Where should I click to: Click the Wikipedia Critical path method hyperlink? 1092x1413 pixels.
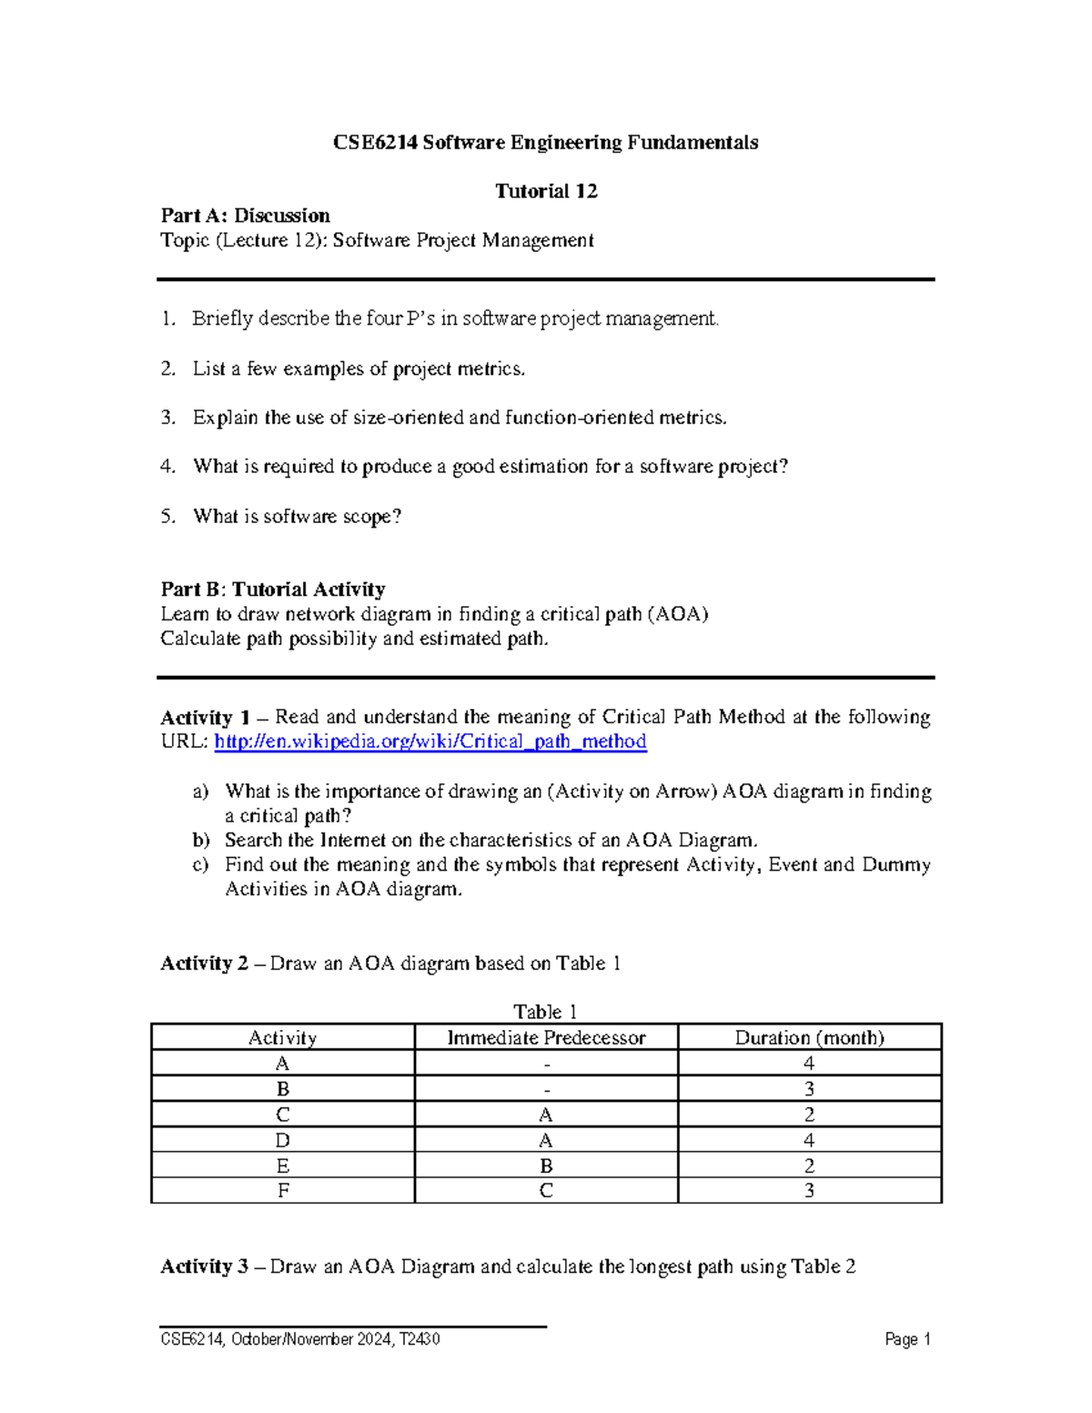(430, 742)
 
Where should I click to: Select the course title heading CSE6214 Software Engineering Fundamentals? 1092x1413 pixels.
(545, 143)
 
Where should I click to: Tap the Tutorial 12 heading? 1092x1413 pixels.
(545, 191)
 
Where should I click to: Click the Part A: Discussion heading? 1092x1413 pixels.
(245, 216)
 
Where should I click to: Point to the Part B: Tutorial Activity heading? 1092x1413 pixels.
(273, 590)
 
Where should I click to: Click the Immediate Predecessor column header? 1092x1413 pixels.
(546, 1037)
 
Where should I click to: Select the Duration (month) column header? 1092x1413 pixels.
(809, 1037)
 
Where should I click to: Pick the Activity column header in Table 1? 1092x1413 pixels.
(282, 1037)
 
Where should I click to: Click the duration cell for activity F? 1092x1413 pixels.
(809, 1190)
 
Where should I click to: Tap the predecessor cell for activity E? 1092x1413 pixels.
(546, 1166)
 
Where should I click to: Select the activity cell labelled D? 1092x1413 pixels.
(282, 1140)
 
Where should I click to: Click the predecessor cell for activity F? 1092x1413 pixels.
(546, 1190)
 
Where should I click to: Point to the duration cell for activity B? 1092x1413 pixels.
(809, 1089)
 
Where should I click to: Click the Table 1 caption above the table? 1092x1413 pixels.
(545, 1012)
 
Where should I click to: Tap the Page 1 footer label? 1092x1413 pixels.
(907, 1339)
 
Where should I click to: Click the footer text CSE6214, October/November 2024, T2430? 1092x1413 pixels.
(300, 1339)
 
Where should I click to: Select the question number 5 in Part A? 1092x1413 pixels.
(167, 517)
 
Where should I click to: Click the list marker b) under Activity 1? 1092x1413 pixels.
(201, 840)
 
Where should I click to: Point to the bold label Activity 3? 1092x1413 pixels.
(204, 1267)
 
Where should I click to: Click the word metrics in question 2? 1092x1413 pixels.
(493, 368)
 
